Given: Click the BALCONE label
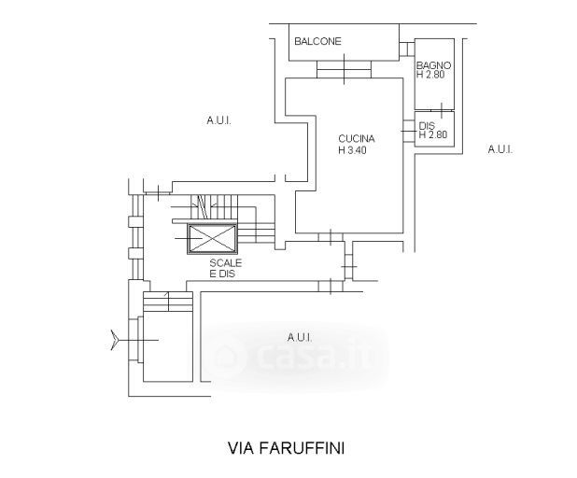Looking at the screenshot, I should [317, 41].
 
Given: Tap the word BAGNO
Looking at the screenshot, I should [434, 65].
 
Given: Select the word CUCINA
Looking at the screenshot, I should [356, 140].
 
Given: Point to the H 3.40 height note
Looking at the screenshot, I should [355, 150].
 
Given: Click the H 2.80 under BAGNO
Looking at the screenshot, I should [433, 75].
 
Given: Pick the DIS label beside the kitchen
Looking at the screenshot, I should [427, 126].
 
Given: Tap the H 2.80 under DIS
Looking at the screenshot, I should [433, 135].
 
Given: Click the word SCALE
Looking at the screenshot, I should [225, 263].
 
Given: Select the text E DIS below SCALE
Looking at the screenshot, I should [225, 274].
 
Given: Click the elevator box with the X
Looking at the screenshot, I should [214, 240].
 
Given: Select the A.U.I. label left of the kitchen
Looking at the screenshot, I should [218, 120].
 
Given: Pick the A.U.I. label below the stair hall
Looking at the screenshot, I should [299, 337].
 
